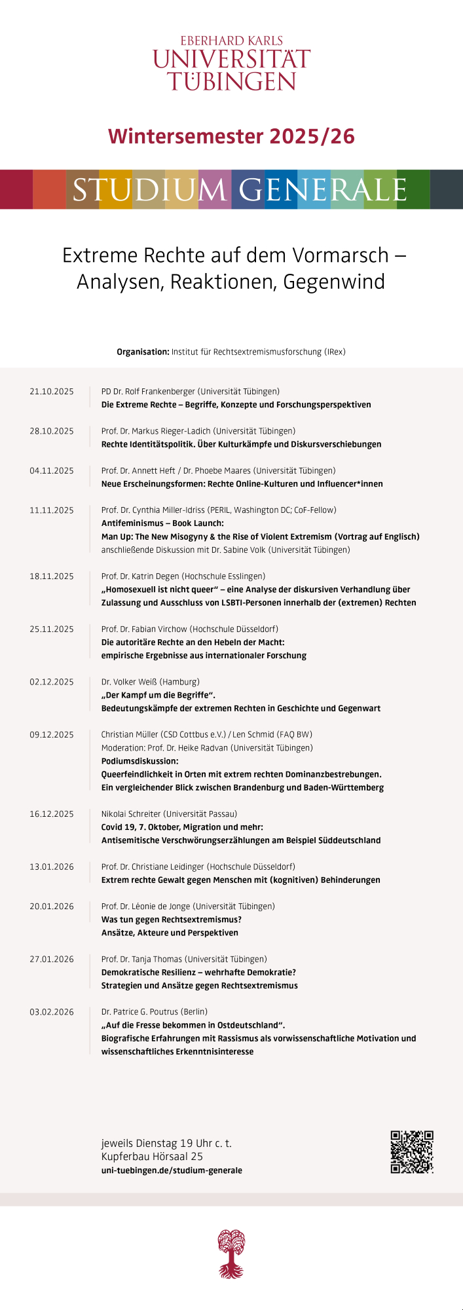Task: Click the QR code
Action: tap(412, 1151)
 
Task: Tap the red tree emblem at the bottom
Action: tap(231, 1253)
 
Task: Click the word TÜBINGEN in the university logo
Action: tap(231, 81)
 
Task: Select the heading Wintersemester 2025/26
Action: tap(231, 136)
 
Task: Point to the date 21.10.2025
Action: tap(52, 392)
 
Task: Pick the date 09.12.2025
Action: tap(52, 735)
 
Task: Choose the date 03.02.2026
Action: tap(52, 1012)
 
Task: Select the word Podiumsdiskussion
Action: tap(139, 761)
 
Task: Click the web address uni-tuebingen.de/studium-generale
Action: tap(172, 1170)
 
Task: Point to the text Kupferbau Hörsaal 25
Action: tap(152, 1157)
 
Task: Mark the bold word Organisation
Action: tap(143, 352)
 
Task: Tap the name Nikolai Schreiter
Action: tap(131, 814)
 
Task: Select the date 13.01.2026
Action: tap(52, 867)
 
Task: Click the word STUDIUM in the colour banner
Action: tap(149, 190)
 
